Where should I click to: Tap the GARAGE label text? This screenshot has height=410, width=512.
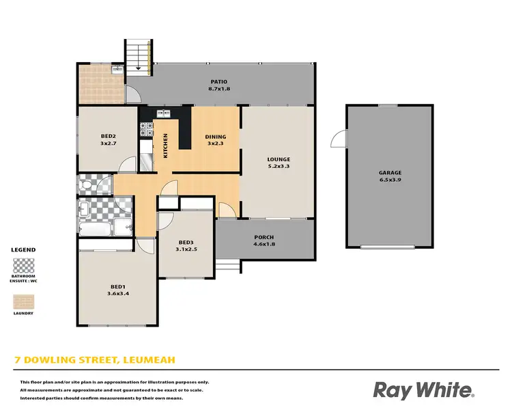click(390, 173)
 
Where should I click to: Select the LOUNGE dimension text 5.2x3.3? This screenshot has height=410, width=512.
click(279, 165)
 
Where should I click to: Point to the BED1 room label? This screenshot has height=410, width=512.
click(118, 286)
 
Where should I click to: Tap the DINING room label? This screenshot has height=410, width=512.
click(216, 137)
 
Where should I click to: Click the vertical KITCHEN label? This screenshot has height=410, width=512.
click(165, 145)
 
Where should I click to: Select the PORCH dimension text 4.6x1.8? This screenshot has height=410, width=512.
click(264, 244)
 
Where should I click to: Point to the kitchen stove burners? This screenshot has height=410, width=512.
click(145, 126)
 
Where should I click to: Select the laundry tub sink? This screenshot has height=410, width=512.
click(117, 70)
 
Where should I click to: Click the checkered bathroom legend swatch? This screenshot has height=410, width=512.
click(24, 265)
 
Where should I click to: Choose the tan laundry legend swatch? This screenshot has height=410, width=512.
click(24, 301)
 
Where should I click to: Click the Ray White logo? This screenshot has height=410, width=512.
click(423, 389)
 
